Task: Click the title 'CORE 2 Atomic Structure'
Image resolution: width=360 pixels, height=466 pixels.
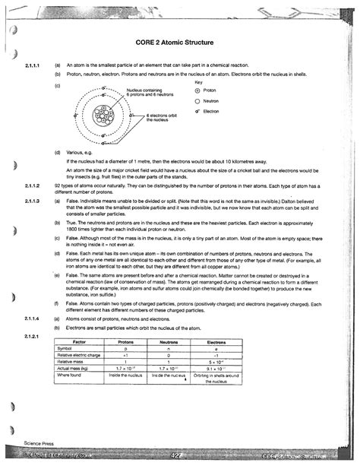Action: click(x=179, y=46)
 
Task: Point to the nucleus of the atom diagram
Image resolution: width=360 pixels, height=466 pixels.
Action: click(x=102, y=116)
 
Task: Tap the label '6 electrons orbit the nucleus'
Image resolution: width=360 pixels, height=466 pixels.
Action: click(x=161, y=118)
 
